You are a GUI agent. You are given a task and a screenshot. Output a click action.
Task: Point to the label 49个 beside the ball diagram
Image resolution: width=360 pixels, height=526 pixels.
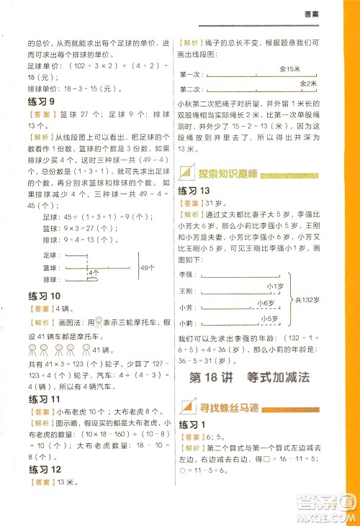(x=147, y=267)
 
